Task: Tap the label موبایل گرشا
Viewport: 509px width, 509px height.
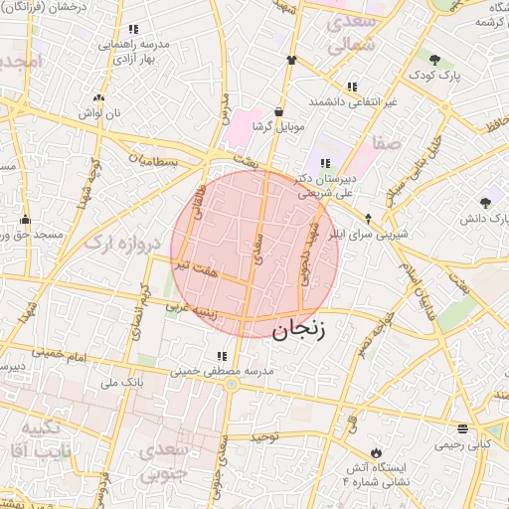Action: pos(275,126)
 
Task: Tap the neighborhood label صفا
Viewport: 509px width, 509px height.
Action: pos(387,143)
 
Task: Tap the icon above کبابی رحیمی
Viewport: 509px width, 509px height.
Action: pos(462,428)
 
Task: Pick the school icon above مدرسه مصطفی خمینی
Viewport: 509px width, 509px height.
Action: pos(220,355)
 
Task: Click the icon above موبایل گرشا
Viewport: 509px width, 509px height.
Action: pos(277,110)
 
